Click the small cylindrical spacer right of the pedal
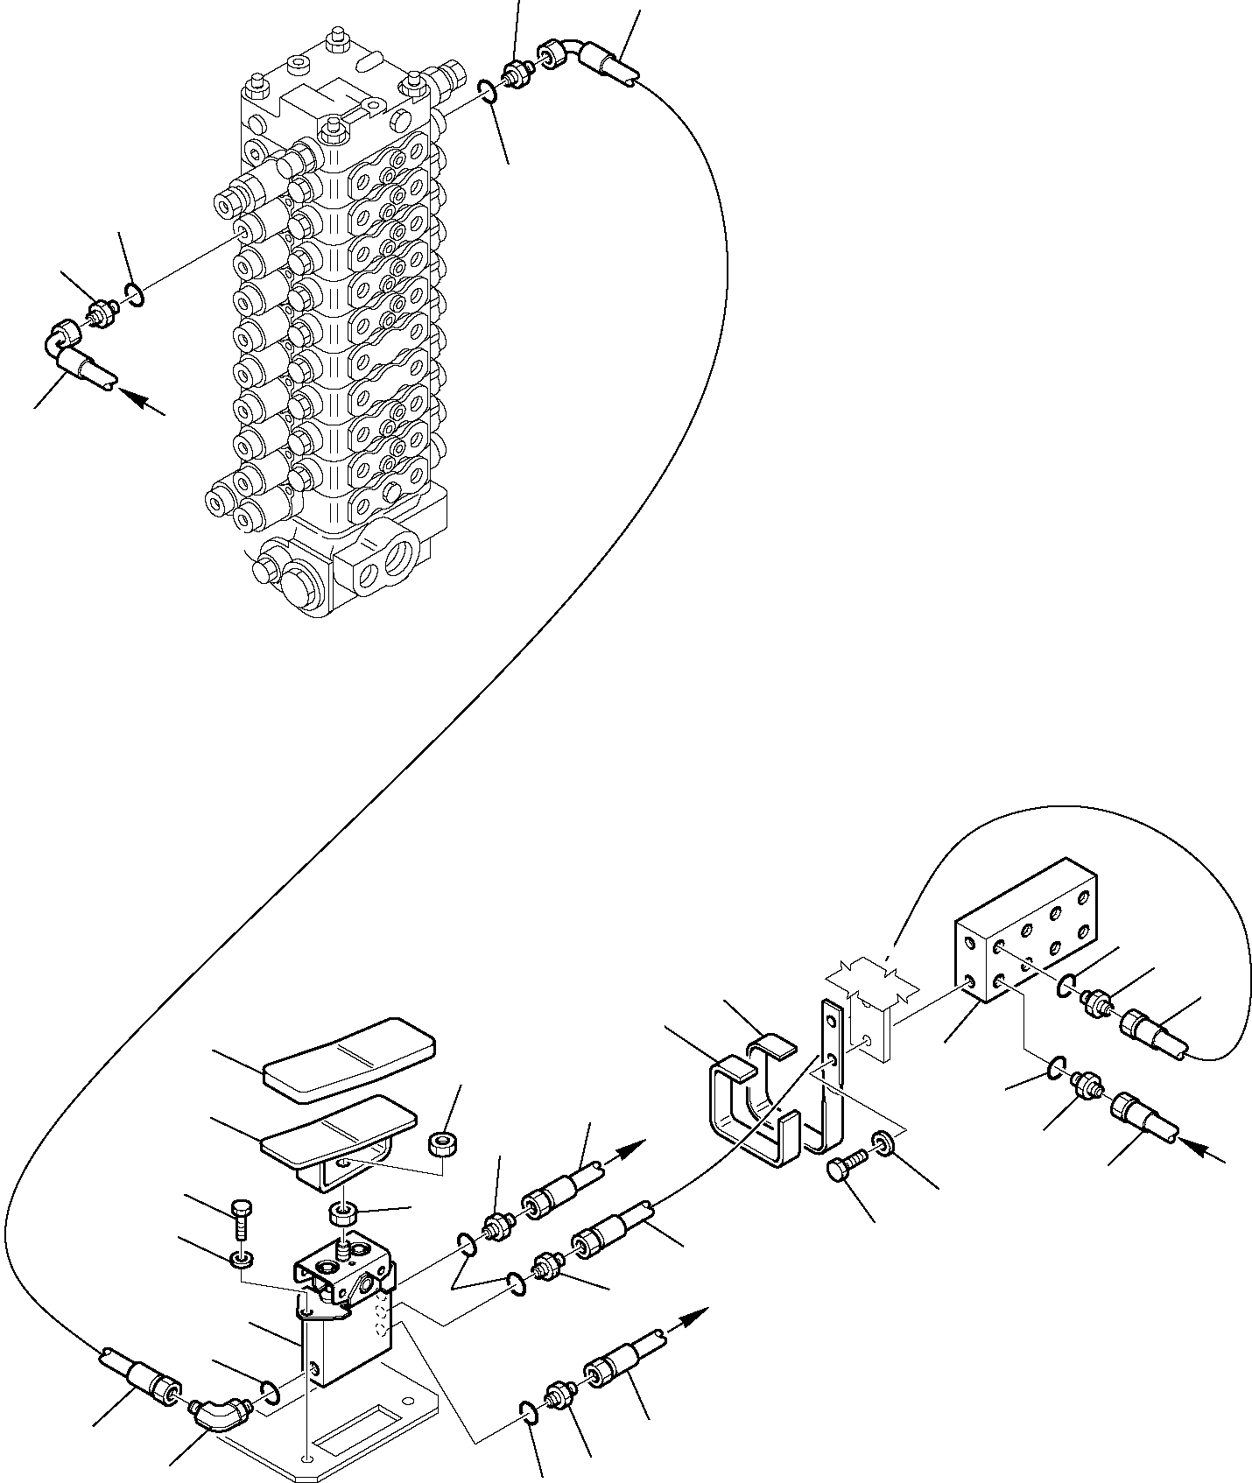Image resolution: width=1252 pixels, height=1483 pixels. (442, 1144)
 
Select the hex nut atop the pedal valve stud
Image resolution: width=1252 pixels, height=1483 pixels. (342, 1214)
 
